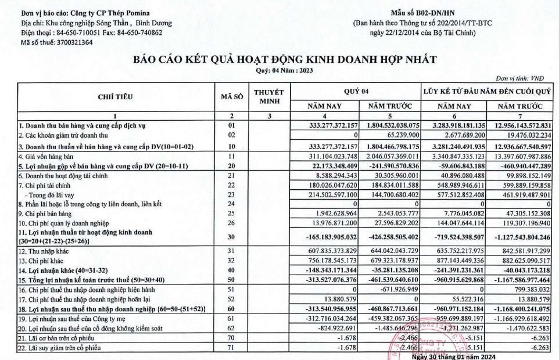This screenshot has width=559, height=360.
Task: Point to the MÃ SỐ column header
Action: click(x=231, y=96)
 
